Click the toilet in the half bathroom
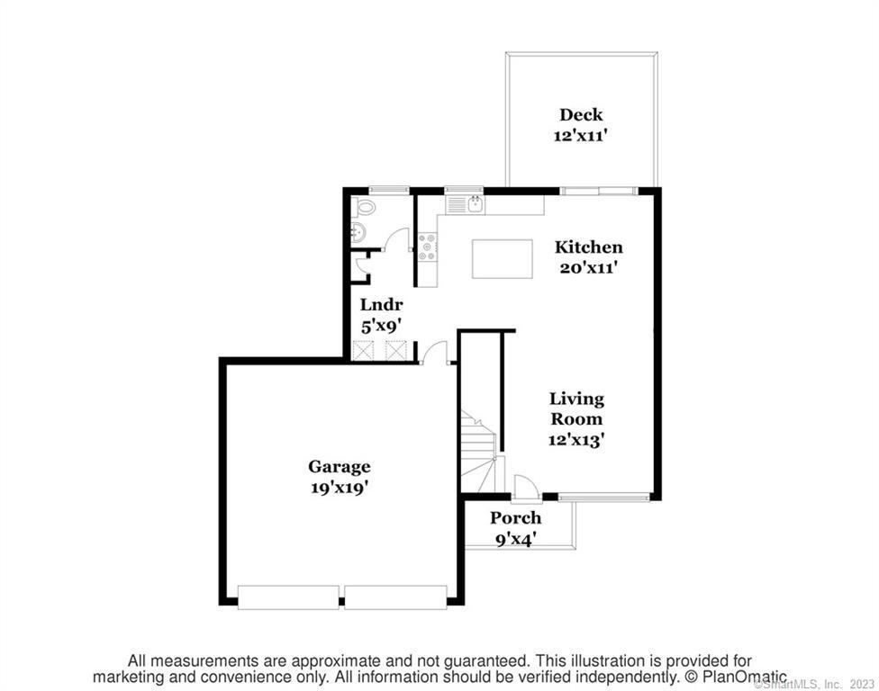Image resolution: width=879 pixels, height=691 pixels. tap(365, 207)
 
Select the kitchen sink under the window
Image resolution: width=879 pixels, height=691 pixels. tap(465, 205)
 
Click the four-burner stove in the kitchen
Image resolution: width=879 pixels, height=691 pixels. tap(427, 247)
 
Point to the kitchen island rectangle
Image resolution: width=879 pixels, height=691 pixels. tap(503, 258)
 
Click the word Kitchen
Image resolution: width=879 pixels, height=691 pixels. tap(588, 247)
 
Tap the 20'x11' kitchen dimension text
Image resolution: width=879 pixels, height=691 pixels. tap(588, 267)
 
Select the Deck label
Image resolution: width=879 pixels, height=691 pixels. tap(581, 114)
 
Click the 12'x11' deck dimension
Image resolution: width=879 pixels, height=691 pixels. tap(581, 135)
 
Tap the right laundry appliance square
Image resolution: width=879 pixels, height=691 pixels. tap(397, 349)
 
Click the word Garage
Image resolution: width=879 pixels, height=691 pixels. tap(340, 467)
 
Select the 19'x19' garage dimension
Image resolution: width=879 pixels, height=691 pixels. tap(340, 488)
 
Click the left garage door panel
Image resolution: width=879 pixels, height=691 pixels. tap(288, 597)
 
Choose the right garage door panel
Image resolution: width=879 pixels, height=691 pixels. tap(395, 597)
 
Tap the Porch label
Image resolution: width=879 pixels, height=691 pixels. tap(516, 518)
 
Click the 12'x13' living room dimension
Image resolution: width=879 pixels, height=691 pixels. tap(576, 441)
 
